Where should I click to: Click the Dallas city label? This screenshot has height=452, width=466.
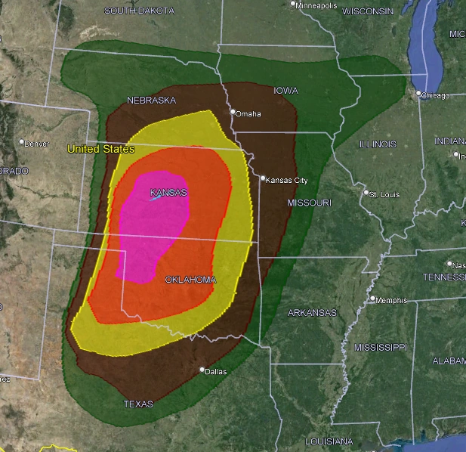point(215,371)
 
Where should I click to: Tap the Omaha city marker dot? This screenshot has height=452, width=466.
point(233,113)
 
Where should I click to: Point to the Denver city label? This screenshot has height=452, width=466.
point(36,143)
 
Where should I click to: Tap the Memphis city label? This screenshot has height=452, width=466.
point(391,300)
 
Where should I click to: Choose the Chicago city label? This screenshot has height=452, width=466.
point(436,95)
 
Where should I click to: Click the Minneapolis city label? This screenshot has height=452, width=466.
point(316,5)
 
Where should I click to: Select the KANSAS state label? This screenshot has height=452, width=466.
point(168,193)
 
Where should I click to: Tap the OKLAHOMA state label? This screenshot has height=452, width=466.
point(190,280)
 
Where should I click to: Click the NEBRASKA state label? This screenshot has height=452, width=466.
point(151,101)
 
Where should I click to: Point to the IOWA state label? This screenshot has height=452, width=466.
point(285,91)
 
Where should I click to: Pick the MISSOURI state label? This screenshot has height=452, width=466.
point(310,203)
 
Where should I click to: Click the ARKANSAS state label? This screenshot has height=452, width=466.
point(312,312)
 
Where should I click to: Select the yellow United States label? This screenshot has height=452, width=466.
point(100,149)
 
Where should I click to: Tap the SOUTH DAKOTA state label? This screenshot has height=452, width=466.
point(139,11)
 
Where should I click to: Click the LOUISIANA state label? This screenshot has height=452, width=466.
point(329,441)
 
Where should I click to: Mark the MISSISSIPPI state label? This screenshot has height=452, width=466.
point(380,347)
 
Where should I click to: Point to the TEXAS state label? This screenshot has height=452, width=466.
point(138,404)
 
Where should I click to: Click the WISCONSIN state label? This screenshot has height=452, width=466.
point(368,11)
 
